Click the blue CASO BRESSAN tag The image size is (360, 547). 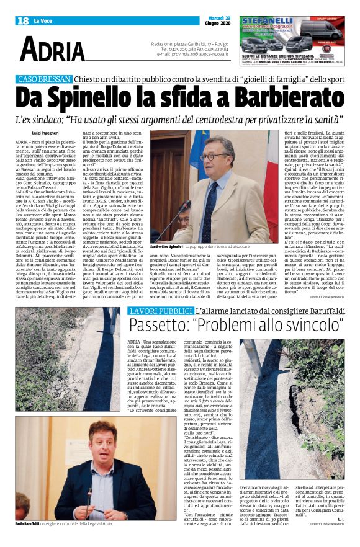click(x=43, y=80)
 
